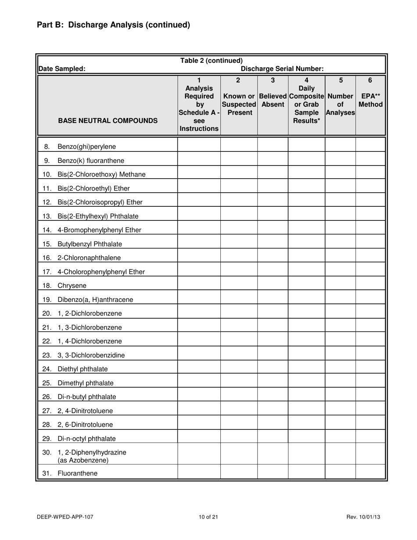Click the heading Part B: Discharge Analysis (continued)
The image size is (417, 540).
(x=113, y=25)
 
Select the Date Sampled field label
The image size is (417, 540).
(x=62, y=68)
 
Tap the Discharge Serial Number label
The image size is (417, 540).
(x=282, y=68)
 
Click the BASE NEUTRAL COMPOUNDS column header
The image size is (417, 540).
(x=108, y=120)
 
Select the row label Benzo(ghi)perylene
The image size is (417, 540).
(x=86, y=147)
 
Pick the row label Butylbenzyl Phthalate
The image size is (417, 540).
(x=90, y=244)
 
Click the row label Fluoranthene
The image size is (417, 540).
(x=77, y=473)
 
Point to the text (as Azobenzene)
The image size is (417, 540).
(x=83, y=460)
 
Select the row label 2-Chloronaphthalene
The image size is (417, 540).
(x=89, y=258)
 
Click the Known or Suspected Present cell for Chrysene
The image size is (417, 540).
(x=238, y=286)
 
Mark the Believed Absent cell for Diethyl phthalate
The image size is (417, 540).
(x=273, y=369)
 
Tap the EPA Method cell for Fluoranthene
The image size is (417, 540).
(x=370, y=473)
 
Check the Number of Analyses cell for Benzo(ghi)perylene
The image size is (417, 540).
(x=340, y=147)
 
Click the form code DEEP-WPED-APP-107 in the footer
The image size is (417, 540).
(x=65, y=517)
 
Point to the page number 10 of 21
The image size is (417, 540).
(x=208, y=517)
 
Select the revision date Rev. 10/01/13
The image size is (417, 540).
(x=363, y=517)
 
